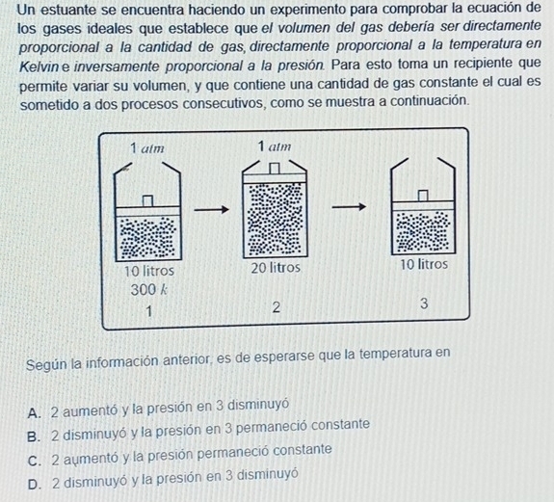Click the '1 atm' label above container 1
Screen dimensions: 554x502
pos(147,148)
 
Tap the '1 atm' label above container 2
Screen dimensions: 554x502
pos(275,145)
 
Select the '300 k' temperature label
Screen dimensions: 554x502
pos(148,290)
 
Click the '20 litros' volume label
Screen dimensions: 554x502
pos(276,268)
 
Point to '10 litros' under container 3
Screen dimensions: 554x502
pos(424,264)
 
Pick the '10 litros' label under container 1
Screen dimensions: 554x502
pos(149,271)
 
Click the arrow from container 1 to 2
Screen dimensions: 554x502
pos(211,210)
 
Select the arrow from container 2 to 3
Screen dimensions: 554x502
pos(349,206)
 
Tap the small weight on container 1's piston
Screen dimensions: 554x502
pos(148,200)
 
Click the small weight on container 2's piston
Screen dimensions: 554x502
pos(275,169)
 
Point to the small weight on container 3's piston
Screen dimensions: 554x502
pos(423,196)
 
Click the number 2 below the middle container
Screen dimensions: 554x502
pos(277,307)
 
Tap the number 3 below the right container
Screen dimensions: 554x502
pos(424,304)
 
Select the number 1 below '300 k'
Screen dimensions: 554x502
pos(149,311)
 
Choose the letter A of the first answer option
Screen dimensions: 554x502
pos(34,413)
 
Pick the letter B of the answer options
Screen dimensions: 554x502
pos(33,436)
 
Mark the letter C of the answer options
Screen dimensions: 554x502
pos(34,461)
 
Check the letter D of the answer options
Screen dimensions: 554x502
pos(34,485)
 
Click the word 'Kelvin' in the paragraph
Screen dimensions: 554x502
pos(40,66)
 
